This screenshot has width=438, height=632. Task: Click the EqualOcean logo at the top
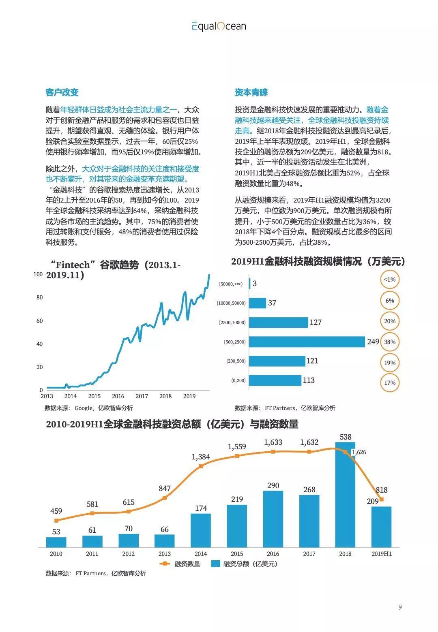point(219,26)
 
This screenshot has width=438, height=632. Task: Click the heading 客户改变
point(62,92)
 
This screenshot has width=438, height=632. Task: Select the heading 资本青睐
point(251,92)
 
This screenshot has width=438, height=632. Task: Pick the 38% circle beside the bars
point(390,342)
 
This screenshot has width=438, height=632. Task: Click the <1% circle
point(390,280)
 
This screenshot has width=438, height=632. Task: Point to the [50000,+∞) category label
point(231,284)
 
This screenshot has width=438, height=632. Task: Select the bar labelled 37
point(257,303)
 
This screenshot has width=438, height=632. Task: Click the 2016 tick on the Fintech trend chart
point(118,396)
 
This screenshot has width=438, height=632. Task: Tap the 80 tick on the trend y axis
point(39,297)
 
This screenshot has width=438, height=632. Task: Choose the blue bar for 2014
point(201,531)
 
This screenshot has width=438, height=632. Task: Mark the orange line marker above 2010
point(56,521)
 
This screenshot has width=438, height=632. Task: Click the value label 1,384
point(201,457)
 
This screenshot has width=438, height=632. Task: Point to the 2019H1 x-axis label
point(382,554)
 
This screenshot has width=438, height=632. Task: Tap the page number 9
point(400,607)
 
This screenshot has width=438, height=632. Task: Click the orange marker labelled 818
point(381,500)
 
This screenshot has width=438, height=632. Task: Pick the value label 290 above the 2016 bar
point(273,485)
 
